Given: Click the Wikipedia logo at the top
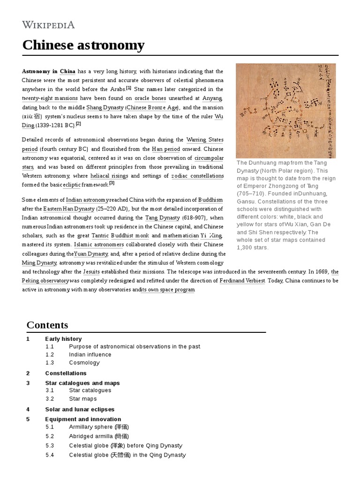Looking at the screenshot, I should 48,25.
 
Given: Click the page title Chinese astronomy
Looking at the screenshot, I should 83,45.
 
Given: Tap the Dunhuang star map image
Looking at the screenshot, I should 286,111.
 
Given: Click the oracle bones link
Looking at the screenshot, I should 150,98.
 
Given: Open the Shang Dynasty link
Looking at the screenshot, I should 105,107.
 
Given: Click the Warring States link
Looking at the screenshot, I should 205,140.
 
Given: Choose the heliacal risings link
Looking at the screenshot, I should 110,176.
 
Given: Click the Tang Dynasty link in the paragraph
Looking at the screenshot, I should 163,217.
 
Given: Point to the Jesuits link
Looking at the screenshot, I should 91,272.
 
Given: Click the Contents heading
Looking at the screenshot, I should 47,325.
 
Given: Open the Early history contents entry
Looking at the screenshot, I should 63,339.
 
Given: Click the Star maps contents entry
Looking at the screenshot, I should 83,399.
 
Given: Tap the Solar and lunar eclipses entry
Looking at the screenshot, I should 80,409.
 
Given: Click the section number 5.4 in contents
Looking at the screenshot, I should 50,455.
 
